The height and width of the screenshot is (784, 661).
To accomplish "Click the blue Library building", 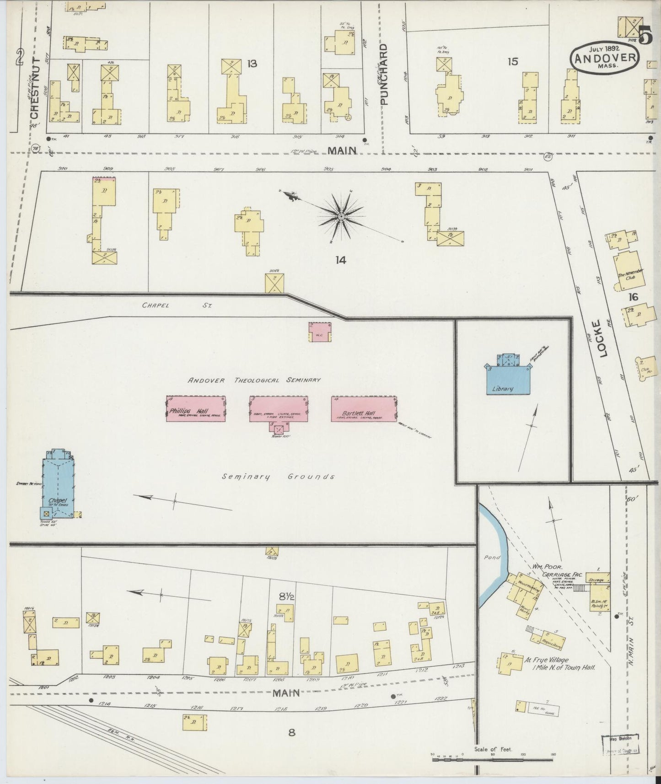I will click(x=508, y=380).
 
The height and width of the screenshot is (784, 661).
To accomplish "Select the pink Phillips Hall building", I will click(x=195, y=408).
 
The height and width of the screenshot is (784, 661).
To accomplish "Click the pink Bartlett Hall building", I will click(x=364, y=408).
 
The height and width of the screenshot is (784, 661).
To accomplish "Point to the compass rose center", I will click(x=341, y=216).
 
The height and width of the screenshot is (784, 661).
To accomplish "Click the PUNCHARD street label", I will click(x=383, y=74).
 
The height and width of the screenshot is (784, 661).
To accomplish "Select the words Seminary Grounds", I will click(x=278, y=477).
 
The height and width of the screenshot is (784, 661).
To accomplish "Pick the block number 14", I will click(x=340, y=260).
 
